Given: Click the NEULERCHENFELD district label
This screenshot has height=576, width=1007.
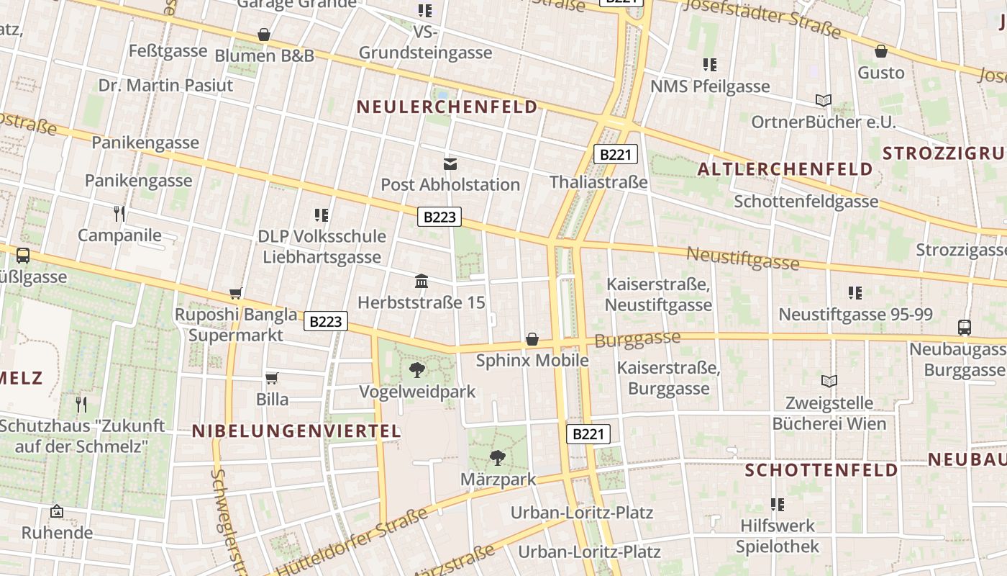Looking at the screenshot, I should point(447,107).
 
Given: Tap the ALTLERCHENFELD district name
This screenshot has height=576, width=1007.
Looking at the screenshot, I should point(785,169).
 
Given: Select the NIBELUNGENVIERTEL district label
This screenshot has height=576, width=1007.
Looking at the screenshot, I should point(296,431).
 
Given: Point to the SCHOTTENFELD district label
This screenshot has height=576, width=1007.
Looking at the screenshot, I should point(821,470).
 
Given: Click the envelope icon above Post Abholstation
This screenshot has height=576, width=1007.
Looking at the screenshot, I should point(450,164).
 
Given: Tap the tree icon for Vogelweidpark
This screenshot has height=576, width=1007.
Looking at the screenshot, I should point(416,371).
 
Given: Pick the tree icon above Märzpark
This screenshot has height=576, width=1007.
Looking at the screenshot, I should point(497,457).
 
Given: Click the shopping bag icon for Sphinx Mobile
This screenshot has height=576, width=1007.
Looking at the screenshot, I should point(532,339).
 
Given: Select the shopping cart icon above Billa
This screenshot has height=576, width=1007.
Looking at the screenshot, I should point(272,378).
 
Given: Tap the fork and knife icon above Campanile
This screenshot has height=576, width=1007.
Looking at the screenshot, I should point(119,213).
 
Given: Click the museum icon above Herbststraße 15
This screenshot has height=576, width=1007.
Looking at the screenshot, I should point(422,281).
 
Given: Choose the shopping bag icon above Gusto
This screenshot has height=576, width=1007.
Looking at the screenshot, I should point(880,51).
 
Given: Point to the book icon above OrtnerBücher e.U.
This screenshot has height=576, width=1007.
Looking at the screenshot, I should point(824,100).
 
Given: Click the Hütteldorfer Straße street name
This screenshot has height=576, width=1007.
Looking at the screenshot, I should point(352,541).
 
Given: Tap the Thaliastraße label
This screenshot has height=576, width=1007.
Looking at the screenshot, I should point(598,182).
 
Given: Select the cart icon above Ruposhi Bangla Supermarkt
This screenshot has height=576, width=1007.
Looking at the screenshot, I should point(235,293).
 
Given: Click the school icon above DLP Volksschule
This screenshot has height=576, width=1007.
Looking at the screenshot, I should point(322,215).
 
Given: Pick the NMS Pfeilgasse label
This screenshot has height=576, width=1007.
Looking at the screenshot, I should point(710,86).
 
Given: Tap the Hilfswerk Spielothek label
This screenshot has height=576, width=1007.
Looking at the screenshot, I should point(778,536).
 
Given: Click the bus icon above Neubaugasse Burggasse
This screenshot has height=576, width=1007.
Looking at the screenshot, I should point(965,328).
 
